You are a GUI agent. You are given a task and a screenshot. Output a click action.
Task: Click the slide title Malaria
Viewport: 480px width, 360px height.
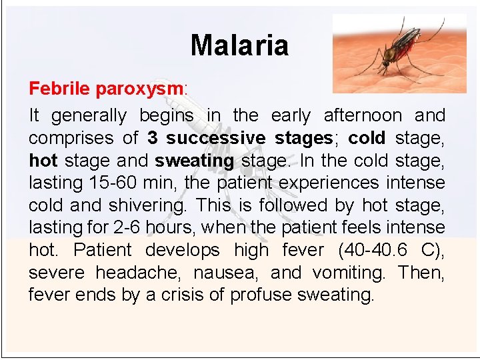pyautogui.click(x=239, y=45)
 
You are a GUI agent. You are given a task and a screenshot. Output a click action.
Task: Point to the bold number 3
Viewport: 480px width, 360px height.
pyautogui.click(x=153, y=138)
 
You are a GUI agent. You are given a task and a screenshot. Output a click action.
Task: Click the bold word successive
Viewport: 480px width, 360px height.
pyautogui.click(x=215, y=138)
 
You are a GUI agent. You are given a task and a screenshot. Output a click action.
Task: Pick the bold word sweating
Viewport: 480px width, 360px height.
pyautogui.click(x=194, y=161)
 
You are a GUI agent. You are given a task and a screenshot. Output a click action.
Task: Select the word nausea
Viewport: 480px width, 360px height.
pyautogui.click(x=229, y=273)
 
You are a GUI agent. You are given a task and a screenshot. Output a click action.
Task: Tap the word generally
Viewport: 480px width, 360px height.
pyautogui.click(x=89, y=115)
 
